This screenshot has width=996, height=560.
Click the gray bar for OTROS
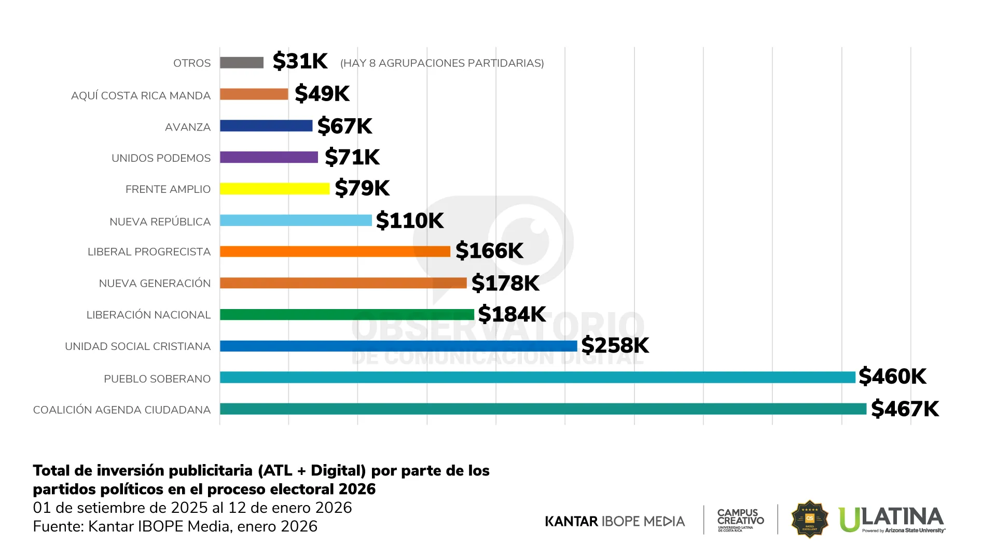tap(242, 63)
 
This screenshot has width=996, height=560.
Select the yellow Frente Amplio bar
tap(274, 189)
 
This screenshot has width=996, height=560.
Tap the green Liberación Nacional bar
tap(347, 315)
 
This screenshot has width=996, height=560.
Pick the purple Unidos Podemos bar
tap(269, 157)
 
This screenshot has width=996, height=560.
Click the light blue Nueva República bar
tap(296, 220)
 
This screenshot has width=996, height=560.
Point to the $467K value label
tap(905, 409)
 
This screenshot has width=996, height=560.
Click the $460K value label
tap(892, 376)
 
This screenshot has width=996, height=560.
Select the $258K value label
tap(615, 345)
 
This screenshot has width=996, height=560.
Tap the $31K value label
tap(300, 61)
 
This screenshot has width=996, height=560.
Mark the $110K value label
tap(409, 220)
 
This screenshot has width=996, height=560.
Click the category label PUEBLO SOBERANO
tap(157, 379)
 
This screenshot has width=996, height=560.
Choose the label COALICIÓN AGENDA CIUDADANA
tap(122, 410)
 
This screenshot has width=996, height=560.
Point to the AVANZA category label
tap(188, 127)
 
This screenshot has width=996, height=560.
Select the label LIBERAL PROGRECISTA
tap(149, 252)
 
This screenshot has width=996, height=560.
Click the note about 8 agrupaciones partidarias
tap(442, 63)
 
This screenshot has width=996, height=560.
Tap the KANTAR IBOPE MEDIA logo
tap(615, 521)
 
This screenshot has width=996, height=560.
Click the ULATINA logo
tap(892, 520)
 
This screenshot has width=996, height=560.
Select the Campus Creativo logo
tap(740, 520)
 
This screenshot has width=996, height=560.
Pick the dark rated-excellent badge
tap(809, 519)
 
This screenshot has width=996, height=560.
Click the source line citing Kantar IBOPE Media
tap(175, 526)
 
